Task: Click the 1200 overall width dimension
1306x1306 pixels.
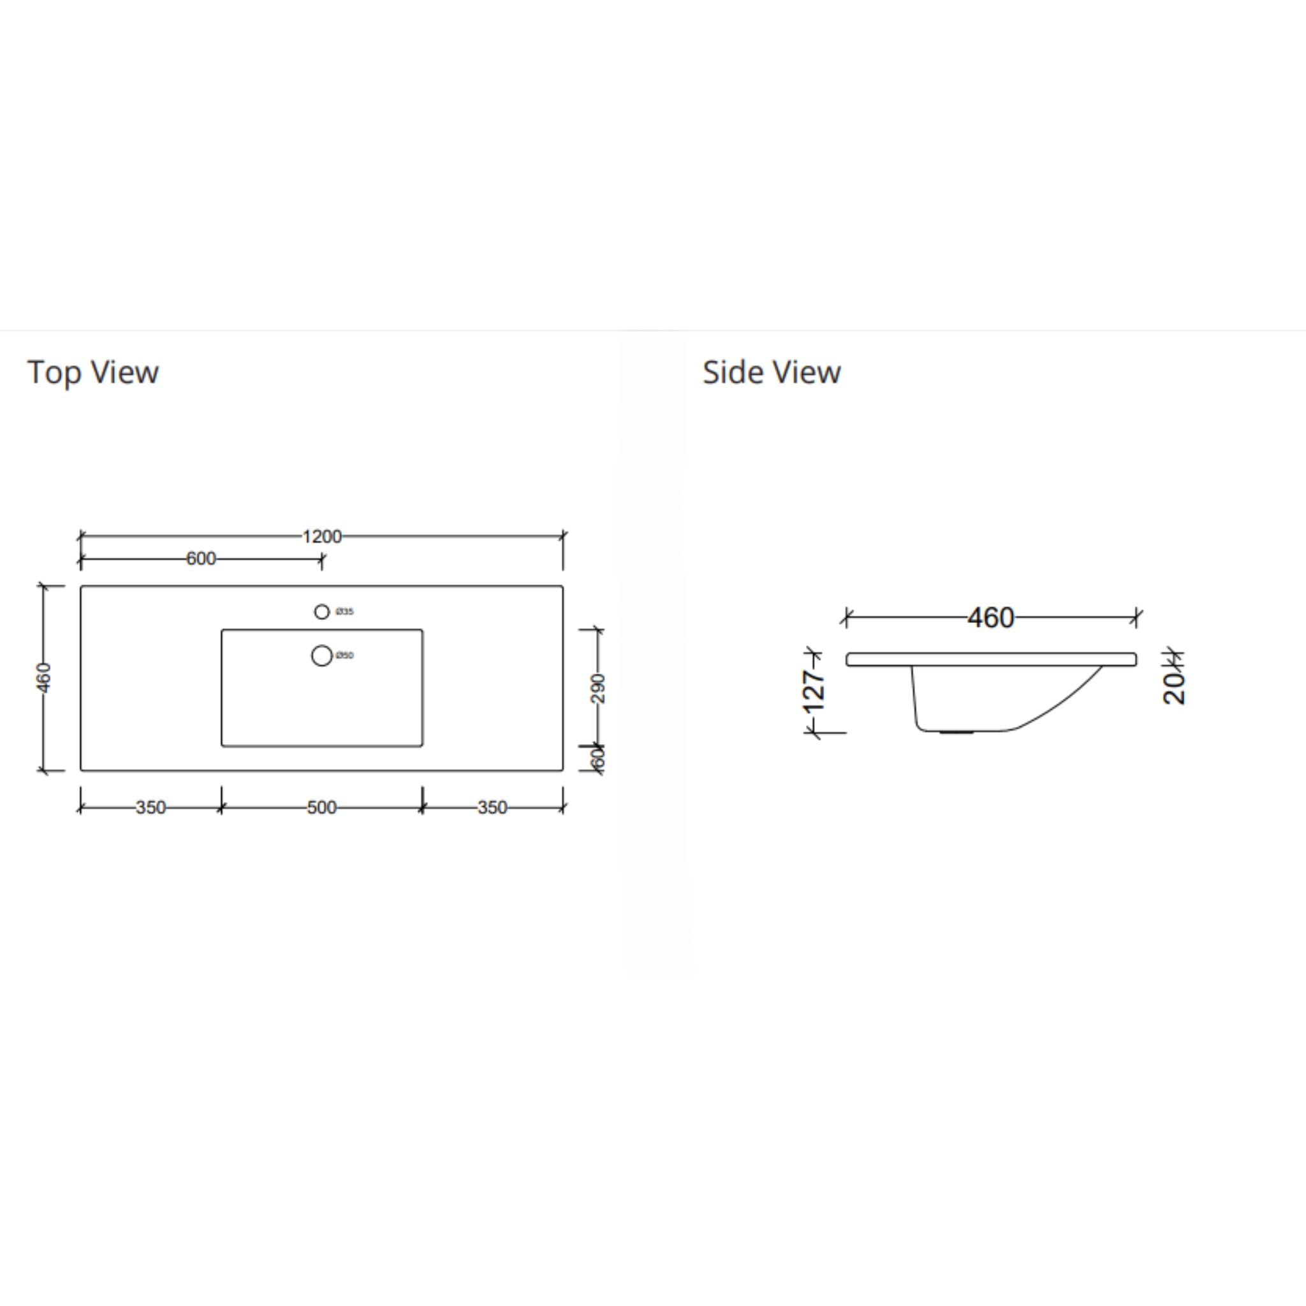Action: tap(322, 537)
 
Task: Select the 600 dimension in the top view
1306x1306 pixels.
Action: tap(201, 559)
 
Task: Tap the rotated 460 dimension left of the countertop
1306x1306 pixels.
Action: tap(43, 677)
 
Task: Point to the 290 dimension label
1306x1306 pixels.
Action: tap(598, 688)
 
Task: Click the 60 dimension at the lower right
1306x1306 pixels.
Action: tap(598, 758)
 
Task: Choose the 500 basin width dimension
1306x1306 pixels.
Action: tap(322, 808)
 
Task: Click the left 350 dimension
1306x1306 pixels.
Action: tap(150, 808)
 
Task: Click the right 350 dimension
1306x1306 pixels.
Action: tap(492, 808)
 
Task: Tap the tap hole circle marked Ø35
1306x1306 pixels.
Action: tap(322, 612)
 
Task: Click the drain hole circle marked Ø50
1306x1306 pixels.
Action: tap(322, 656)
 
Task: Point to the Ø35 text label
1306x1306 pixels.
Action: tap(345, 612)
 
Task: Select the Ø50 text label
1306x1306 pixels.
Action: tap(345, 656)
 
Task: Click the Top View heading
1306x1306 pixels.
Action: tap(92, 372)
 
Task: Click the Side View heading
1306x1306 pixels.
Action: tap(772, 372)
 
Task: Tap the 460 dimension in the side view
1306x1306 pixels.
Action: tap(990, 618)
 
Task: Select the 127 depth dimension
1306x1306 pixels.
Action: tap(814, 691)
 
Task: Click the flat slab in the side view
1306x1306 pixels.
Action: tap(990, 659)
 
